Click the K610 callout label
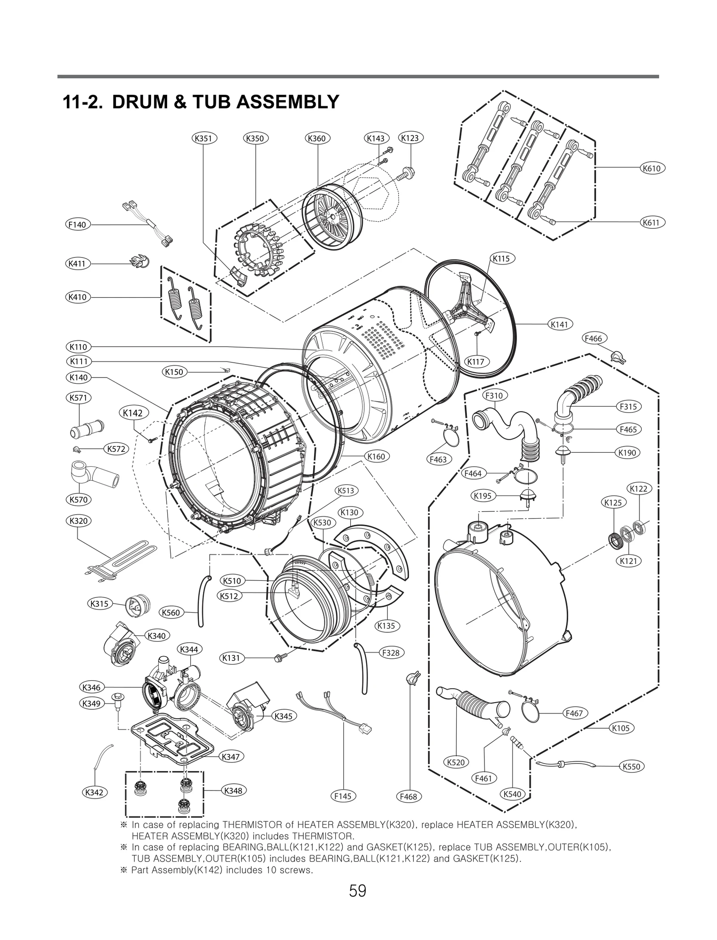[652, 168]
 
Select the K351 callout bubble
[204, 138]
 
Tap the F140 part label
[77, 224]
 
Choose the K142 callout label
[133, 413]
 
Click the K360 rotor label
[317, 138]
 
